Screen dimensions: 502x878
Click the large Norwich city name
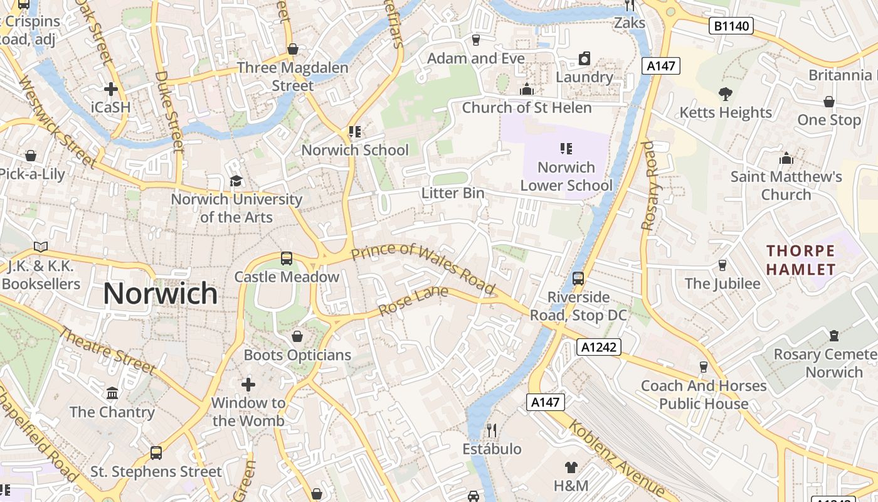tap(160, 294)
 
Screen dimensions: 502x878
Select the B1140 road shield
tap(731, 26)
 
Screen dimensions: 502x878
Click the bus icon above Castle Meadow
tap(286, 258)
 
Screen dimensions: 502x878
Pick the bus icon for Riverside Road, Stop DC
tap(578, 278)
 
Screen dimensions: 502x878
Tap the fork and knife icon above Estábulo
tap(492, 430)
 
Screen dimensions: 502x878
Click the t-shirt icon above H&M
tap(571, 467)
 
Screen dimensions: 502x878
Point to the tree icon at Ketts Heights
tap(726, 94)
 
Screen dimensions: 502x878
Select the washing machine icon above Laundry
tap(584, 58)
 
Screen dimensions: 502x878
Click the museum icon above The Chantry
tap(112, 393)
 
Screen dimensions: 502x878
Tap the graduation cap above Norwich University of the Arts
tap(236, 181)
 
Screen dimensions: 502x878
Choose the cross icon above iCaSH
tap(111, 89)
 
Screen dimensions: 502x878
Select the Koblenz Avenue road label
tap(616, 459)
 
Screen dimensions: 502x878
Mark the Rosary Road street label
tap(648, 185)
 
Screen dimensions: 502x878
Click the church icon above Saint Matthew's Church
tap(786, 158)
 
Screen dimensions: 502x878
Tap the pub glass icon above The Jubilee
tap(722, 265)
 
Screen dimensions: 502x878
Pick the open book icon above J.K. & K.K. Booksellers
tap(41, 247)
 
